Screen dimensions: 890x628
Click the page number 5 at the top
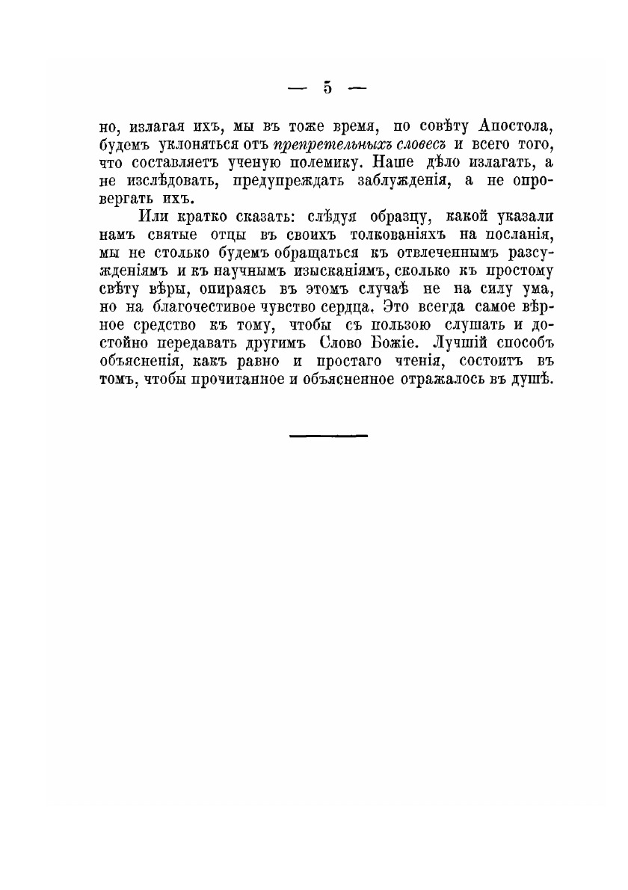tap(327, 87)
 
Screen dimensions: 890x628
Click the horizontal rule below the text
tap(327, 434)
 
